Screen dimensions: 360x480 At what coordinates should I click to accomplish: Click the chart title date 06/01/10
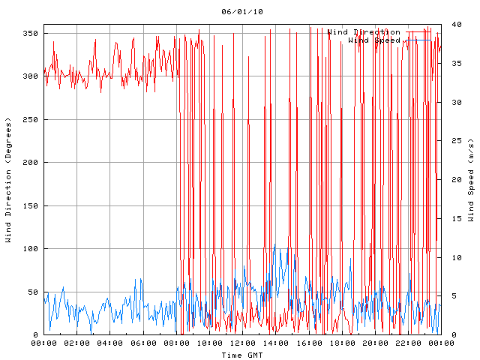click(x=242, y=12)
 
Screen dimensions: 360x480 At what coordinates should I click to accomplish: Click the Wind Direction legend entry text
click(x=364, y=32)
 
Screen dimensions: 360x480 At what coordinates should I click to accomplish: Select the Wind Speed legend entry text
click(x=374, y=40)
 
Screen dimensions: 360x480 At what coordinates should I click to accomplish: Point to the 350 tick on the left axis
click(x=31, y=33)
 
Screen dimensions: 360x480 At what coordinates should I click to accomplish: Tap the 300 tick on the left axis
click(x=31, y=76)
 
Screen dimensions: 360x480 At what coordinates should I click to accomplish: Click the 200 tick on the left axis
click(x=31, y=163)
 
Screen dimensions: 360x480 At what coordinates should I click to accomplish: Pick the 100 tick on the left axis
click(x=31, y=249)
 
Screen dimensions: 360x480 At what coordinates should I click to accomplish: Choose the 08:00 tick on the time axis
click(x=176, y=343)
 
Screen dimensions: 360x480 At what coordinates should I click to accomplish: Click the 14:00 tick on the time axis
click(x=276, y=343)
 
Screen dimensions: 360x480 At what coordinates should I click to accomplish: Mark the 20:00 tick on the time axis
click(x=375, y=343)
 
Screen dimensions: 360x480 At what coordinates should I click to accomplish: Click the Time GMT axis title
click(x=242, y=354)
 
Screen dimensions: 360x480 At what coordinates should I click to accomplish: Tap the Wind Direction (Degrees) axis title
click(x=9, y=180)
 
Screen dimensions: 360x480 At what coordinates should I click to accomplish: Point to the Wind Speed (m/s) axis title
click(x=471, y=180)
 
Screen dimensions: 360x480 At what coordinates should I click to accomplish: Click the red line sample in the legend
click(x=421, y=32)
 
